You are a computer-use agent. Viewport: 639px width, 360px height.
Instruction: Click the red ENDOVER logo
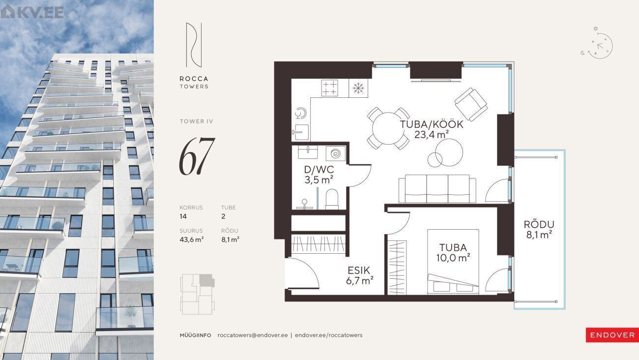tap(612, 335)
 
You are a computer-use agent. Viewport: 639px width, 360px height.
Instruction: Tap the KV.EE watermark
tap(32, 12)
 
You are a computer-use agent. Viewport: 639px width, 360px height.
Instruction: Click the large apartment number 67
tap(197, 156)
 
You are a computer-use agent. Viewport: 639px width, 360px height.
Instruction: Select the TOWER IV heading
tap(196, 121)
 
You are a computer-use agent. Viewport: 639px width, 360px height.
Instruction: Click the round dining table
tap(388, 128)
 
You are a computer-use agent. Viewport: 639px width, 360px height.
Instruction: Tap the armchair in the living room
tap(471, 104)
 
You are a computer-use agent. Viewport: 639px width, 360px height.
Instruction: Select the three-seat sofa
tap(437, 189)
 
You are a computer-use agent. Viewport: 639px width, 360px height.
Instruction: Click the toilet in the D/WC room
tap(332, 199)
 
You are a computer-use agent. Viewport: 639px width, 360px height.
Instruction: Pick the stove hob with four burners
tap(329, 88)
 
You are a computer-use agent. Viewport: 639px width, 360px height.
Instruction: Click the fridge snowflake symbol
tap(358, 88)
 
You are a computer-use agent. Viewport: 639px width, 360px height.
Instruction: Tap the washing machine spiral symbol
tap(336, 154)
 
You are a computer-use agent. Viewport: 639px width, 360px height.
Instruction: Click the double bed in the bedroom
tap(453, 262)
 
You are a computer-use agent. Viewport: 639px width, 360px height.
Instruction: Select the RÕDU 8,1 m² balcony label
tap(539, 230)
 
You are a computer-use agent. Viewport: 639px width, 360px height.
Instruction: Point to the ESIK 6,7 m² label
tap(359, 275)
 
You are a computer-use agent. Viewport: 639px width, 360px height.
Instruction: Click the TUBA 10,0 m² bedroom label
tap(453, 253)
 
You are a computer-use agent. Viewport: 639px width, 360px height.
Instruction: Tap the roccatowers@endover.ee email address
tap(253, 335)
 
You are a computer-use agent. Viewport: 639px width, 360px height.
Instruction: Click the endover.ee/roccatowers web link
tap(329, 335)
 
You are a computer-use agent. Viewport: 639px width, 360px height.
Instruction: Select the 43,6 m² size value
tap(191, 240)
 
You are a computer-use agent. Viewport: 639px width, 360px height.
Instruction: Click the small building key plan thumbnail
tap(197, 294)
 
